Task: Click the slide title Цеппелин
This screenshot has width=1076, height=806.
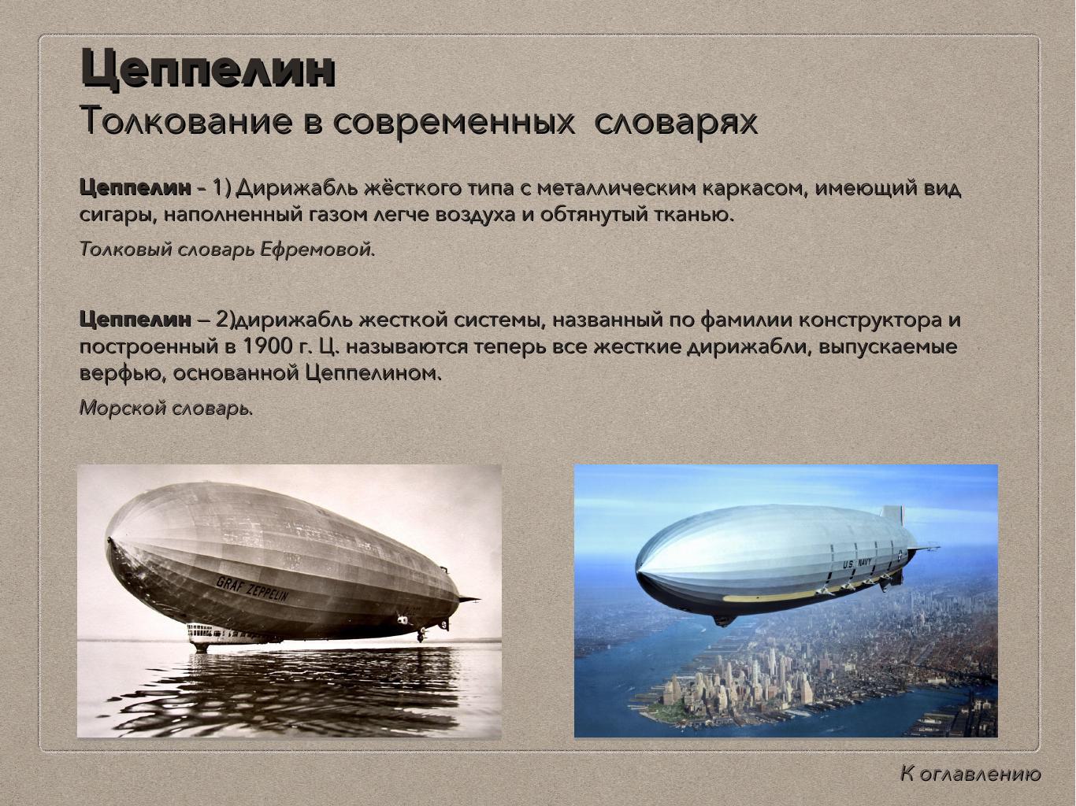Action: point(208,69)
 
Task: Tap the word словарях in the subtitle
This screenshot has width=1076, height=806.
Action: point(675,121)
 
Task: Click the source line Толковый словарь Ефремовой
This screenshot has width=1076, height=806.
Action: point(227,250)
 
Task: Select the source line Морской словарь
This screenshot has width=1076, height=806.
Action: point(165,409)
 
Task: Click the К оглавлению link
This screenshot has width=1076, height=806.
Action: point(970,774)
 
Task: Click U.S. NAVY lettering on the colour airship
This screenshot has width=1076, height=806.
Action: point(859,564)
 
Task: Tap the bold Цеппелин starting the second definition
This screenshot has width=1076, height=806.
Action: point(135,320)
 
